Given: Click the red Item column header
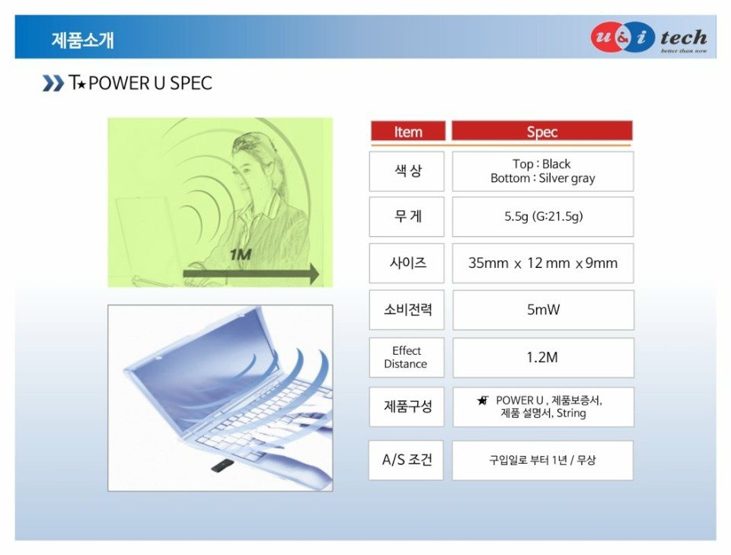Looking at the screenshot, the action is (x=408, y=131).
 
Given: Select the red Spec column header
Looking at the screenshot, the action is (x=541, y=131).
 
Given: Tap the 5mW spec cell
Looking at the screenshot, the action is (x=543, y=310).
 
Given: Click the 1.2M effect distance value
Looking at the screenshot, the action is (x=543, y=357).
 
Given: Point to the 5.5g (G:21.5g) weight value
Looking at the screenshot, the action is (x=543, y=216).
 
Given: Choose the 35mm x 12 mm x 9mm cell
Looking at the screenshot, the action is (x=543, y=263).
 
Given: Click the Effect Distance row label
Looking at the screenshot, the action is (x=407, y=357).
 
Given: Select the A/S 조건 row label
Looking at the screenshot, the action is (x=406, y=460).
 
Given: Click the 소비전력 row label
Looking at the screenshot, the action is (x=407, y=310).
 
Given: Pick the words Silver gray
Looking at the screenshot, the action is (x=567, y=178).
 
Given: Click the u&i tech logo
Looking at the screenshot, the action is (x=649, y=37).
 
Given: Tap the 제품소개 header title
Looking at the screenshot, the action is (x=82, y=40).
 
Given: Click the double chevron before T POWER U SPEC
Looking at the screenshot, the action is (x=53, y=83).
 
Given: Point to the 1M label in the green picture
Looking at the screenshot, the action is (x=241, y=254).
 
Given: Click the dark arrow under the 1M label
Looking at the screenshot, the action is (x=251, y=273).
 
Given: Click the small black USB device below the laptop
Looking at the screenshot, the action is (x=222, y=465).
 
